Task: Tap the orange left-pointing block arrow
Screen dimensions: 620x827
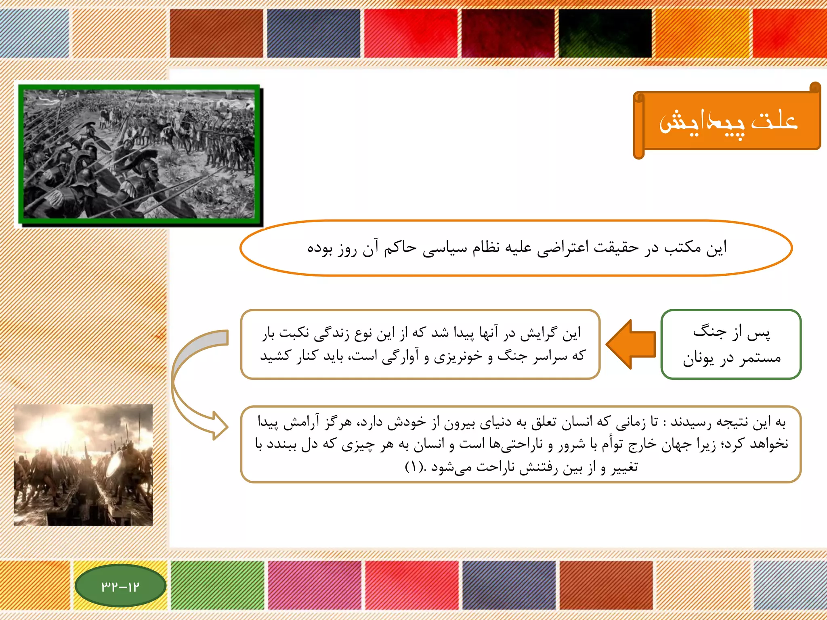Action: [x=631, y=344]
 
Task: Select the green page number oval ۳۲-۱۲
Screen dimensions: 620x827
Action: [x=120, y=586]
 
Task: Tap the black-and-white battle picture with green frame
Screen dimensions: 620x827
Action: [x=139, y=154]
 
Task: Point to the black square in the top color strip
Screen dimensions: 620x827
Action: [x=605, y=34]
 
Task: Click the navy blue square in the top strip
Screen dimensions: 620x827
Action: [x=313, y=34]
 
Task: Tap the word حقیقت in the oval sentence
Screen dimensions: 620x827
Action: [x=616, y=247]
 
